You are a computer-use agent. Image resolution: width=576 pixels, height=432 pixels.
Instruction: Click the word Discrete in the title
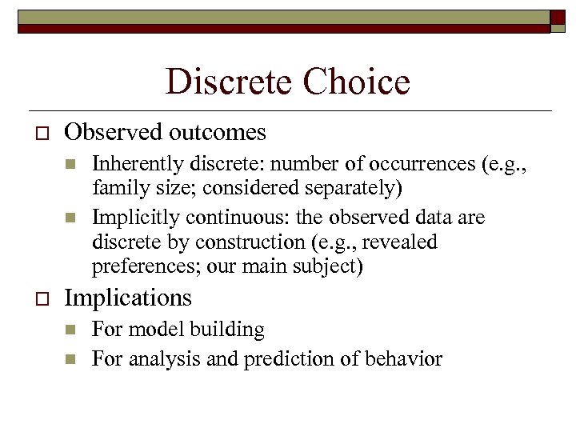click(225, 82)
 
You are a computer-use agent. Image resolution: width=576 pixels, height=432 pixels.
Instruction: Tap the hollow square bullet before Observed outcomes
click(33, 133)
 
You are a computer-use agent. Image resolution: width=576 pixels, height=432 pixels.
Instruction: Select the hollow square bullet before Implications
click(33, 299)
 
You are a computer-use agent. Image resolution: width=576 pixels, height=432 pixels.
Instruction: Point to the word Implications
click(128, 298)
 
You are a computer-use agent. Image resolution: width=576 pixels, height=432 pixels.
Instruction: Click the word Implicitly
click(130, 218)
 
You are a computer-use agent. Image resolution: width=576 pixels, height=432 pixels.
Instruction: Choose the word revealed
click(403, 242)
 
